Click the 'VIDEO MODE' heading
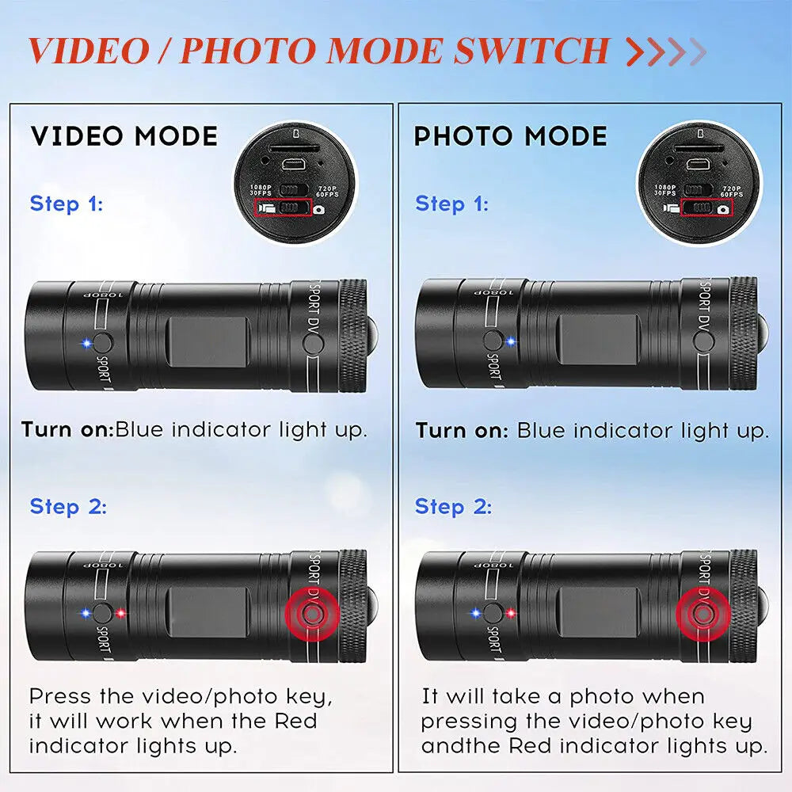(x=124, y=135)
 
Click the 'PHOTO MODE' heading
(x=511, y=136)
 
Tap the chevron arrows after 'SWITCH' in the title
(x=665, y=51)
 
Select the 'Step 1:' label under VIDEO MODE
(x=67, y=204)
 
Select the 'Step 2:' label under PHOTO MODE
(x=453, y=506)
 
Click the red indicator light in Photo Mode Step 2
(x=511, y=613)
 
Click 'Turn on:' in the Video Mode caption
(x=67, y=430)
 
